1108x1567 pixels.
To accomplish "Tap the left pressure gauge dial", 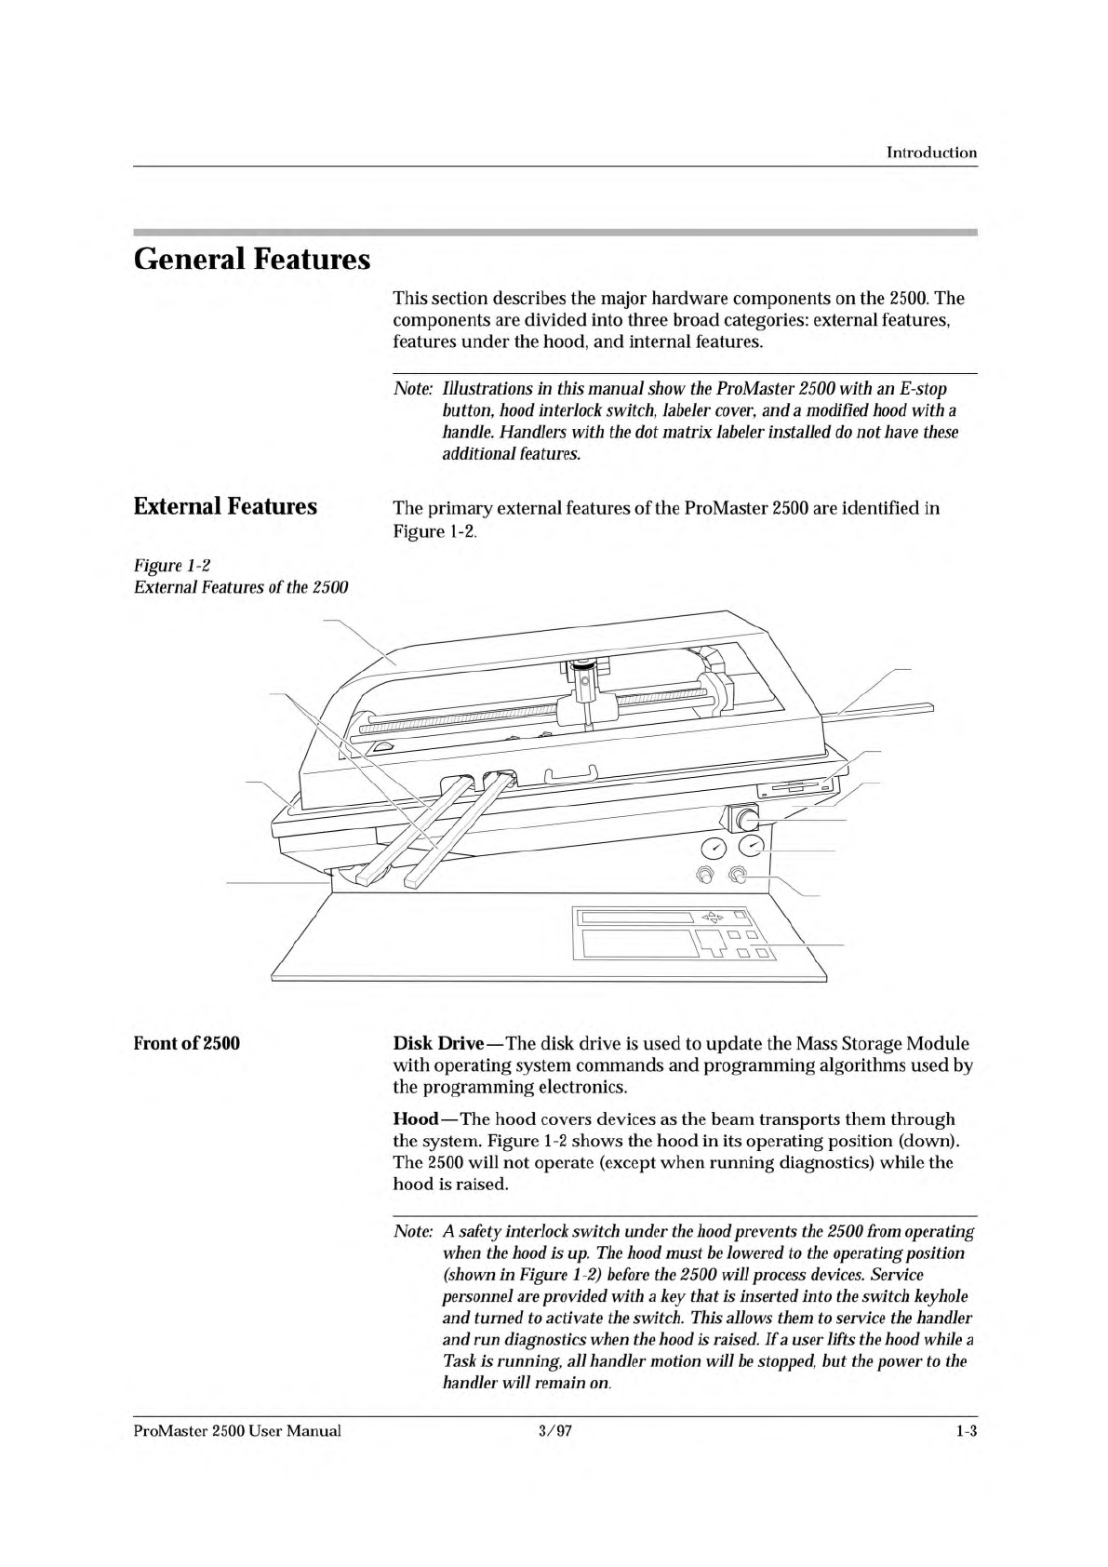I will coord(714,848).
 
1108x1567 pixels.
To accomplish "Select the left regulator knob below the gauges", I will coord(705,876).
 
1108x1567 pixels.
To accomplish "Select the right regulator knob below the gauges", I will coord(738,875).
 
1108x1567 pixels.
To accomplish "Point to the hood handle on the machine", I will coord(568,773).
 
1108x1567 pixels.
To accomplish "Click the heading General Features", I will coord(252,258).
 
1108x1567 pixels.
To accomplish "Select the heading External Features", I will coord(225,506).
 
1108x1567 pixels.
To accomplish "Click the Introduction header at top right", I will coord(931,153).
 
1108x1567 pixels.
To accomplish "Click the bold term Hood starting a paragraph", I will coord(415,1119).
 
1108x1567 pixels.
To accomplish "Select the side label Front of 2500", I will coord(187,1043).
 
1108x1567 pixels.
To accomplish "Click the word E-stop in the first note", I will coord(921,388).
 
